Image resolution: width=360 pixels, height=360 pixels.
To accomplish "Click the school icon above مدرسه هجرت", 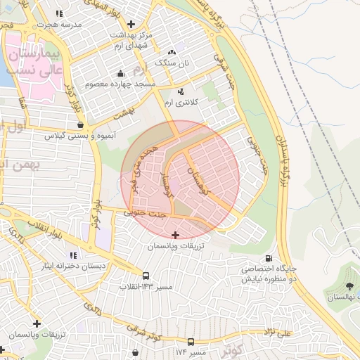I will click(x=59, y=13).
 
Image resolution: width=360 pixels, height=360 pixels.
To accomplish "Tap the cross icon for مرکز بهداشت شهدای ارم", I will click(x=131, y=24).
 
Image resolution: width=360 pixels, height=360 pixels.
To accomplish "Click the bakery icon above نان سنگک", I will click(x=172, y=53).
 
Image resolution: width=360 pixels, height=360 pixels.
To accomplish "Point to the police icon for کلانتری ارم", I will click(x=181, y=91).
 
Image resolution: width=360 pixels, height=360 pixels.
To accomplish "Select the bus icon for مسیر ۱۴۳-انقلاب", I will click(x=146, y=276).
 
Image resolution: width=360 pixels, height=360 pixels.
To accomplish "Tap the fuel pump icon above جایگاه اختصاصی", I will click(x=270, y=259).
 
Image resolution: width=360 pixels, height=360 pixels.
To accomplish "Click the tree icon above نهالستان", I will click(x=349, y=285).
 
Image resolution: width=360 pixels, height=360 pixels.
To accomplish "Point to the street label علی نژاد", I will click(x=276, y=331).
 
